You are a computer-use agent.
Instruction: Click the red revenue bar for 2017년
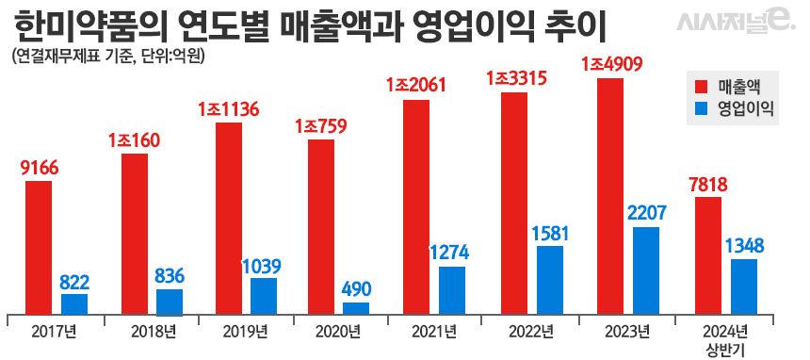coord(39,247)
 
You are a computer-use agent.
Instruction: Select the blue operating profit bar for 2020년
coord(356,308)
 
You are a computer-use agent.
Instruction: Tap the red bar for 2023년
coord(610,196)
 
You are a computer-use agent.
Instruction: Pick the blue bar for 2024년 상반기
coord(744,286)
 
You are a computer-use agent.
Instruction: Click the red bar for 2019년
coord(229,218)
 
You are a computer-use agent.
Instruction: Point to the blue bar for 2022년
coord(550,280)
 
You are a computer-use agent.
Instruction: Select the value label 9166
coord(39,169)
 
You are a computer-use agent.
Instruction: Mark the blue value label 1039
coord(263,266)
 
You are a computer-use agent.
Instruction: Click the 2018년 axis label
coord(153,331)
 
